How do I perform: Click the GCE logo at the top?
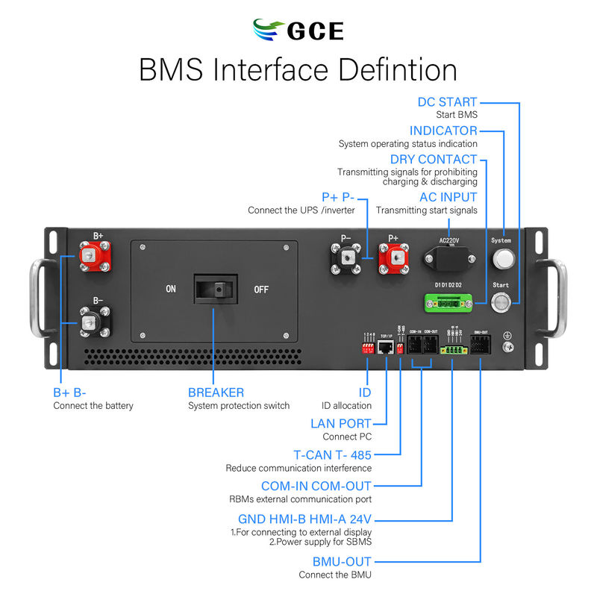[x=298, y=31]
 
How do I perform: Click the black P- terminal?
[x=346, y=258]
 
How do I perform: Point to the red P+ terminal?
[x=393, y=258]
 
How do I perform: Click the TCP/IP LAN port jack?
[x=387, y=348]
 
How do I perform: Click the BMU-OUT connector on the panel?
[x=480, y=348]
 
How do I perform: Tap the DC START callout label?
[x=446, y=102]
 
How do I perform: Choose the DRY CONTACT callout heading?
[x=433, y=159]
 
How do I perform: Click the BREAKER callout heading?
[x=216, y=392]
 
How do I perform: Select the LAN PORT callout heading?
[x=340, y=424]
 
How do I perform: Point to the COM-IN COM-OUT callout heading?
[x=316, y=486]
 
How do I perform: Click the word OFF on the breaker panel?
[x=261, y=289]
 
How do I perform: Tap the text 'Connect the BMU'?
[x=334, y=575]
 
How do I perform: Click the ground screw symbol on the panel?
[x=509, y=345]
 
